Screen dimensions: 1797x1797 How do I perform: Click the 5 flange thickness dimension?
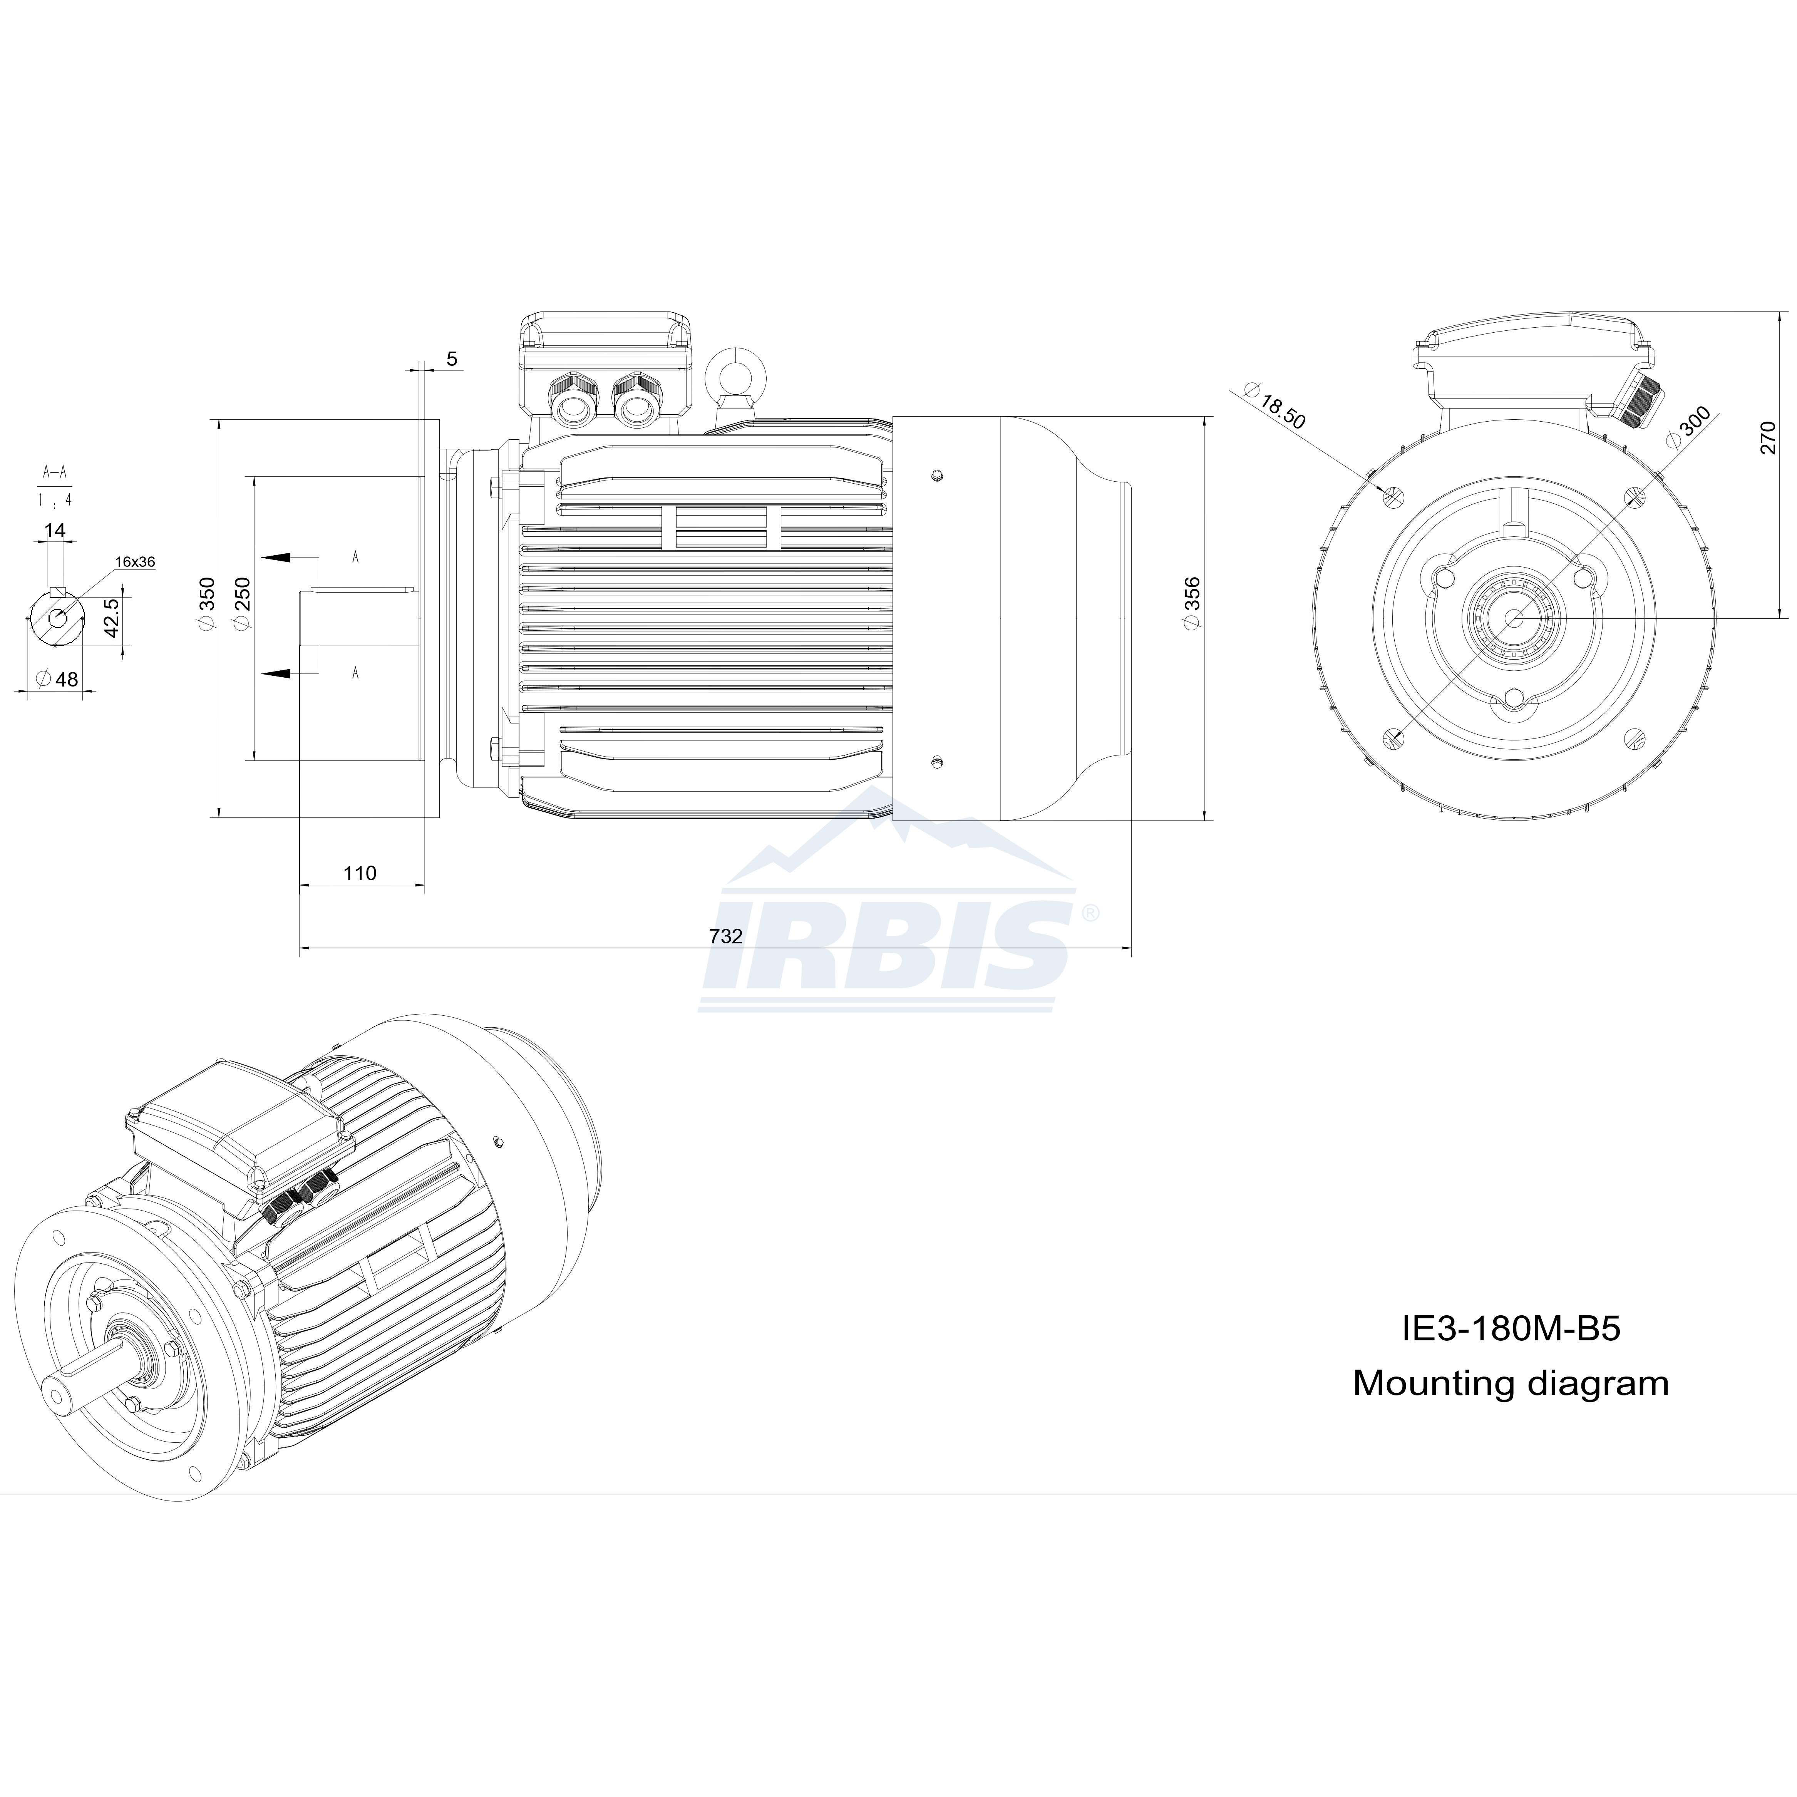pyautogui.click(x=452, y=359)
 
